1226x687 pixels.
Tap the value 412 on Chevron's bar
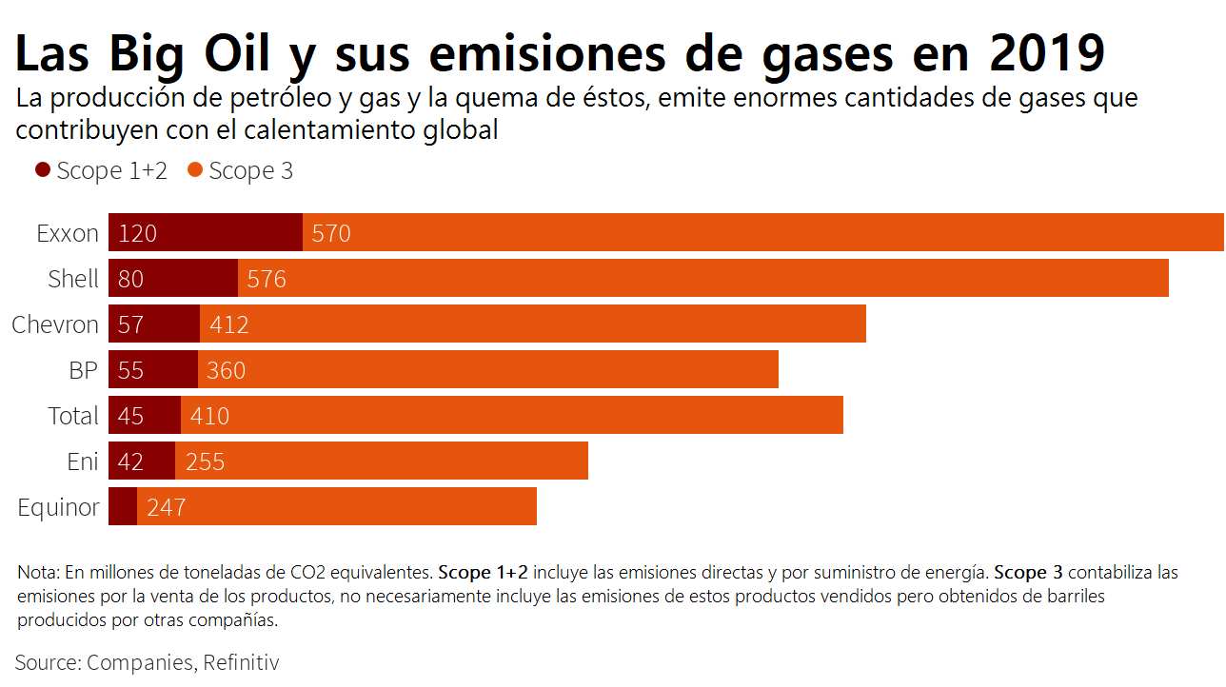tap(229, 324)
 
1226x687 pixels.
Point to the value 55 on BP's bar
tap(130, 370)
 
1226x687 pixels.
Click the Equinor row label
tap(58, 507)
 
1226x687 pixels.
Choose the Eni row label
tap(83, 461)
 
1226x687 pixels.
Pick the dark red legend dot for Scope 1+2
tap(43, 170)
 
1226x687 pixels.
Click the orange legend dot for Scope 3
tap(195, 170)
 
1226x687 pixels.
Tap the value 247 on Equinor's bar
tap(166, 507)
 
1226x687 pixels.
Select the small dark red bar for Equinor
tap(123, 506)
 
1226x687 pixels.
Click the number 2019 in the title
tap(1046, 53)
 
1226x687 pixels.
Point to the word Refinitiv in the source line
tap(241, 662)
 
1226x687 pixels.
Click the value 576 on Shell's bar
tap(267, 279)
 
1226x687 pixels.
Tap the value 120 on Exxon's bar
tap(137, 233)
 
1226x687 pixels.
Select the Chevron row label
tap(55, 324)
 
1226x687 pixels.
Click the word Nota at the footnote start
tap(37, 573)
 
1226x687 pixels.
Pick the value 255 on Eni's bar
tap(205, 461)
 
